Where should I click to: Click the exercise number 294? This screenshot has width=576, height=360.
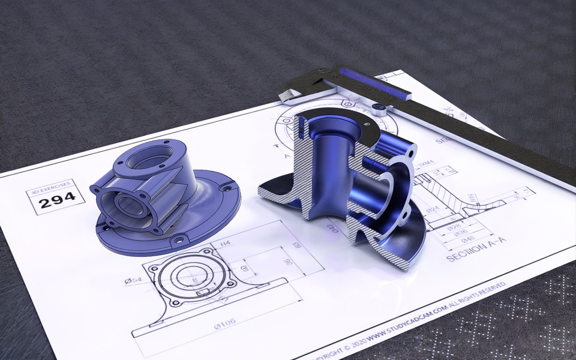tap(57, 197)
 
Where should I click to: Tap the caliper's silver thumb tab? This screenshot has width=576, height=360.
tap(290, 95)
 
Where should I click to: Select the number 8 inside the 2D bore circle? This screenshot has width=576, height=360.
tap(194, 279)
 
